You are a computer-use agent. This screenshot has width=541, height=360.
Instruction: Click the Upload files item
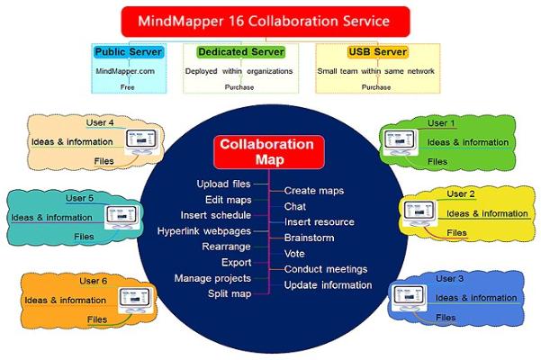click(224, 184)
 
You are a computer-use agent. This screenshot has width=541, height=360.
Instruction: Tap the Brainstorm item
click(309, 238)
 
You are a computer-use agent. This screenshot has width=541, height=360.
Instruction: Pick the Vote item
click(294, 254)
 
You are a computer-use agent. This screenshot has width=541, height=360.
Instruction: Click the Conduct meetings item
click(326, 269)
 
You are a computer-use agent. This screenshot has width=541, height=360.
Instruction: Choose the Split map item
click(229, 294)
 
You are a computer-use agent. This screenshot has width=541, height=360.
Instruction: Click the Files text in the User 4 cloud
click(104, 162)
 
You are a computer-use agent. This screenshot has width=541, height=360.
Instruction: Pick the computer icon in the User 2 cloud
click(414, 212)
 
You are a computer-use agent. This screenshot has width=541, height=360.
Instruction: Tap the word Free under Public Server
click(126, 87)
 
